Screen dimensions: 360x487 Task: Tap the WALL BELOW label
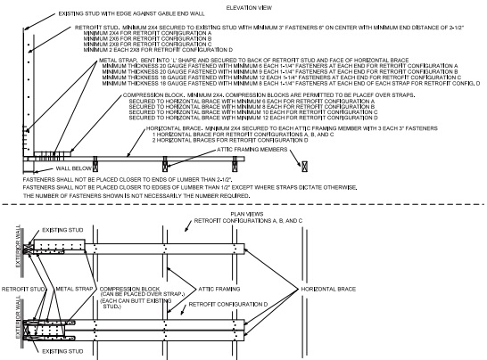tap(45, 167)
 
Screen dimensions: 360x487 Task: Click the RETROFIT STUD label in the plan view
tap(21, 290)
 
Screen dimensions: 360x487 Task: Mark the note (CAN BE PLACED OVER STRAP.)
tap(144, 296)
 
